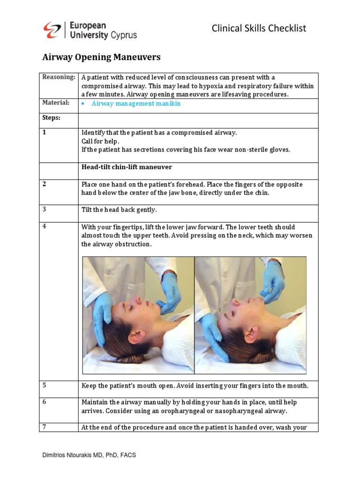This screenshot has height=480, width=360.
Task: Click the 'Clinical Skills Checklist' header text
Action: [259, 28]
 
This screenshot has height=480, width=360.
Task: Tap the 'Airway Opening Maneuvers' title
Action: [101, 57]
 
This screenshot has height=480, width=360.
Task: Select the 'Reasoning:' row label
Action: [59, 77]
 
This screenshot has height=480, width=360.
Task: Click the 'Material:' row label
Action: [56, 103]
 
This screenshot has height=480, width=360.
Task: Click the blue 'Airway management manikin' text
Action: [136, 104]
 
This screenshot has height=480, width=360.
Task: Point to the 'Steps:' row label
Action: [51, 117]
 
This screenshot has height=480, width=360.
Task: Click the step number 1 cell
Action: [45, 133]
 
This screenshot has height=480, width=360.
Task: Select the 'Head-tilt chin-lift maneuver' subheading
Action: [127, 167]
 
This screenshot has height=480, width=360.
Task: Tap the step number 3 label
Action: [45, 209]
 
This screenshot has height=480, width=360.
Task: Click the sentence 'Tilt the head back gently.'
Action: [119, 210]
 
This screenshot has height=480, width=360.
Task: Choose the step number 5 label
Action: [45, 385]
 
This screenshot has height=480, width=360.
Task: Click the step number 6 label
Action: [45, 402]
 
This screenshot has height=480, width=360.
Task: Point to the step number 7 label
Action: [45, 427]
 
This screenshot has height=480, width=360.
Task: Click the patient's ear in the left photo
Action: [135, 336]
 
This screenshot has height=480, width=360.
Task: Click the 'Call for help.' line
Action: [100, 141]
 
